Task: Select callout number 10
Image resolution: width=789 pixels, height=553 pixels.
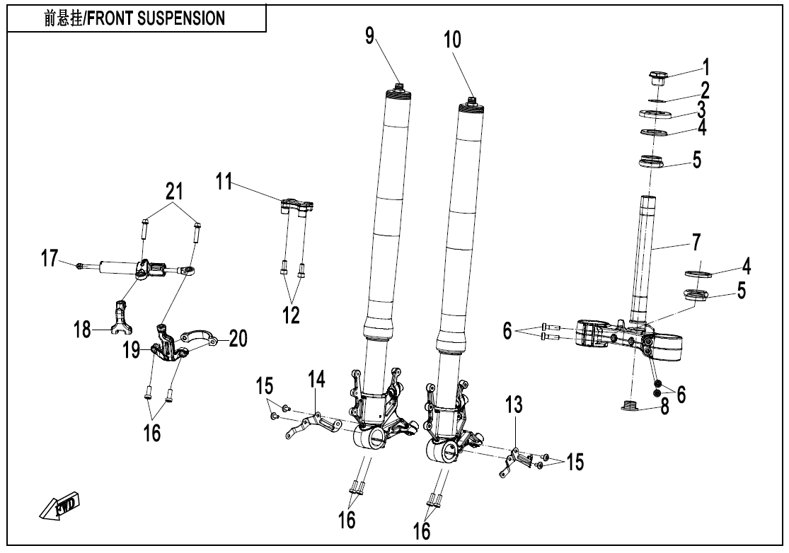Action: click(x=452, y=40)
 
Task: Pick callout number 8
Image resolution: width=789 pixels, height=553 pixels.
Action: click(x=664, y=409)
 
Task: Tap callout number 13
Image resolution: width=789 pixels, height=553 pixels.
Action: click(x=514, y=405)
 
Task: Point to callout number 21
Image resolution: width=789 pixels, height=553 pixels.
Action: click(x=174, y=190)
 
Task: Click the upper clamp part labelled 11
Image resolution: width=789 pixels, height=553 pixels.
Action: click(x=298, y=206)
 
